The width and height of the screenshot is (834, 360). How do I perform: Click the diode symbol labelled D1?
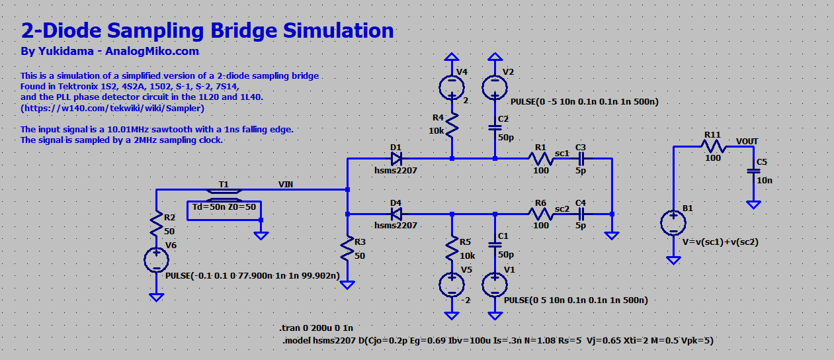coord(396,159)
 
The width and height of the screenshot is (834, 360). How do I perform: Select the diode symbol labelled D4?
coord(396,214)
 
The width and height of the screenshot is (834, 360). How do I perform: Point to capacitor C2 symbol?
coord(495,128)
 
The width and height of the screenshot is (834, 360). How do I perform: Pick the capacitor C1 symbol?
coord(495,244)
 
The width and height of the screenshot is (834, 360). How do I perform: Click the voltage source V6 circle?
coord(156,260)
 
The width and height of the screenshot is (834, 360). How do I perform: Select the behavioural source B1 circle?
coord(673,223)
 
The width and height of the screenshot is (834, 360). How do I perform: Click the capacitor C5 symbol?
coord(753,171)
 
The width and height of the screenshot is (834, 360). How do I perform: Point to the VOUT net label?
coord(747,141)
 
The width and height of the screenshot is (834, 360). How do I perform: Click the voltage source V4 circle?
coord(452,86)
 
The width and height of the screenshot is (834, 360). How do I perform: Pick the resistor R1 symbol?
coord(540,159)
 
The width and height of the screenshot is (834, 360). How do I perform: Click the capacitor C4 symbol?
coord(581,214)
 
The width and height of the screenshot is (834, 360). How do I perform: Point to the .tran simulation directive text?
coord(317,328)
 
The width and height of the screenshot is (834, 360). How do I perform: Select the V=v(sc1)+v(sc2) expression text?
coord(720,242)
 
